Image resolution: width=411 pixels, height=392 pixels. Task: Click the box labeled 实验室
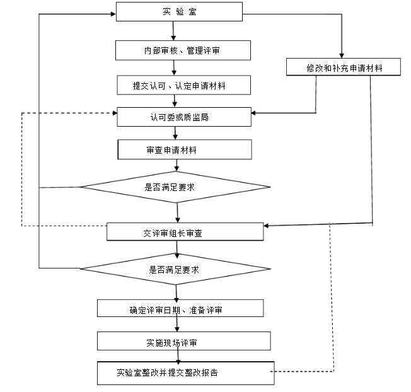tap(179, 12)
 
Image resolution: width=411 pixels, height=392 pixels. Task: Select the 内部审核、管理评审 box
tap(179, 50)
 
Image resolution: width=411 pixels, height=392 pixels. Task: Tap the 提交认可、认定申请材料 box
tap(179, 84)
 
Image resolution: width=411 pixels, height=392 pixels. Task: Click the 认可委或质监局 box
tap(185, 117)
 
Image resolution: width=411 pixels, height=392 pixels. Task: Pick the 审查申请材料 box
tap(185, 149)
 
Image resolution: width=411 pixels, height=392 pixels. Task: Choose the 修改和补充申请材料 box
tap(343, 67)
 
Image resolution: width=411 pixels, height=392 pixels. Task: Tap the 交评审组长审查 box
tap(185, 232)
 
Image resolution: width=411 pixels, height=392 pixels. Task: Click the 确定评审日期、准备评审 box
tap(180, 308)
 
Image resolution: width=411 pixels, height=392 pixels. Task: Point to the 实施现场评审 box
tap(180, 341)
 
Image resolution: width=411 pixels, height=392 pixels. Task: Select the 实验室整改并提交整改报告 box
tap(185, 372)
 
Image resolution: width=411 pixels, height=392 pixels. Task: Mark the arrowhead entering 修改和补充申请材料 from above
tap(342, 55)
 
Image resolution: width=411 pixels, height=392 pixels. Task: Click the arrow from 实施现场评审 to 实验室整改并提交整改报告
tap(178, 355)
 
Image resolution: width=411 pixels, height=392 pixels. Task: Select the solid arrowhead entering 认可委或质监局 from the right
tap(253, 114)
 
